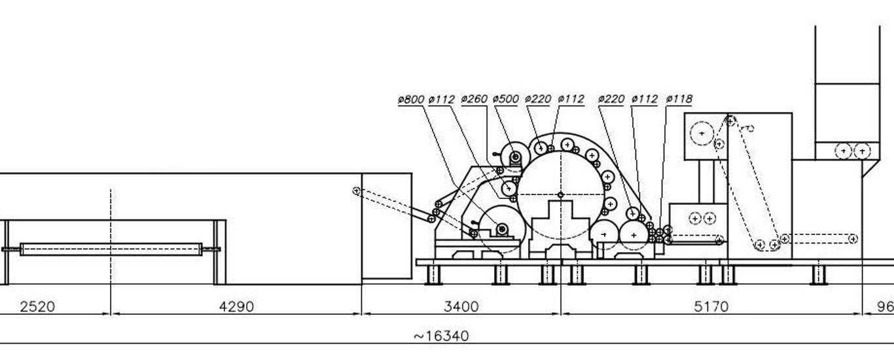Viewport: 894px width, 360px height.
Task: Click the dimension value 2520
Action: [37, 306]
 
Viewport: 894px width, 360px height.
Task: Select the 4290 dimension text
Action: [236, 306]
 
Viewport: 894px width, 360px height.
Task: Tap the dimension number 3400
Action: [461, 306]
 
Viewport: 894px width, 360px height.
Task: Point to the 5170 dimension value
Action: [711, 306]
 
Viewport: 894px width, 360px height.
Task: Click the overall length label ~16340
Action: [441, 336]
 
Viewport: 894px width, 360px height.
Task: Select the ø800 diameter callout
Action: [411, 99]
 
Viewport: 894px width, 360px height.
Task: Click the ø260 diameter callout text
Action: [474, 99]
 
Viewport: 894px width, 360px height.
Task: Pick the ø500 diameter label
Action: [506, 99]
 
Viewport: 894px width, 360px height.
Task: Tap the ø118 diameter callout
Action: [679, 99]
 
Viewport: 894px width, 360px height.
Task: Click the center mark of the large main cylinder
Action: [560, 195]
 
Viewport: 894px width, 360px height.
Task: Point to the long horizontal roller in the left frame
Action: [111, 249]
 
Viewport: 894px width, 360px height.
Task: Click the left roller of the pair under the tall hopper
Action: [844, 151]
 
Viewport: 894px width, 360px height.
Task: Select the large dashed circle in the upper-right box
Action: [702, 134]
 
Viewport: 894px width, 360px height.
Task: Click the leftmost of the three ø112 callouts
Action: [442, 99]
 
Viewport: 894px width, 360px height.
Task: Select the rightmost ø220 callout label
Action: [611, 99]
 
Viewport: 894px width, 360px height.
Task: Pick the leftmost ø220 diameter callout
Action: [538, 99]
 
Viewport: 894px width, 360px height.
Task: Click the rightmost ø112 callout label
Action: [644, 99]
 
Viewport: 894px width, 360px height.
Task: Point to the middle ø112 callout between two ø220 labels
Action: [571, 99]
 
